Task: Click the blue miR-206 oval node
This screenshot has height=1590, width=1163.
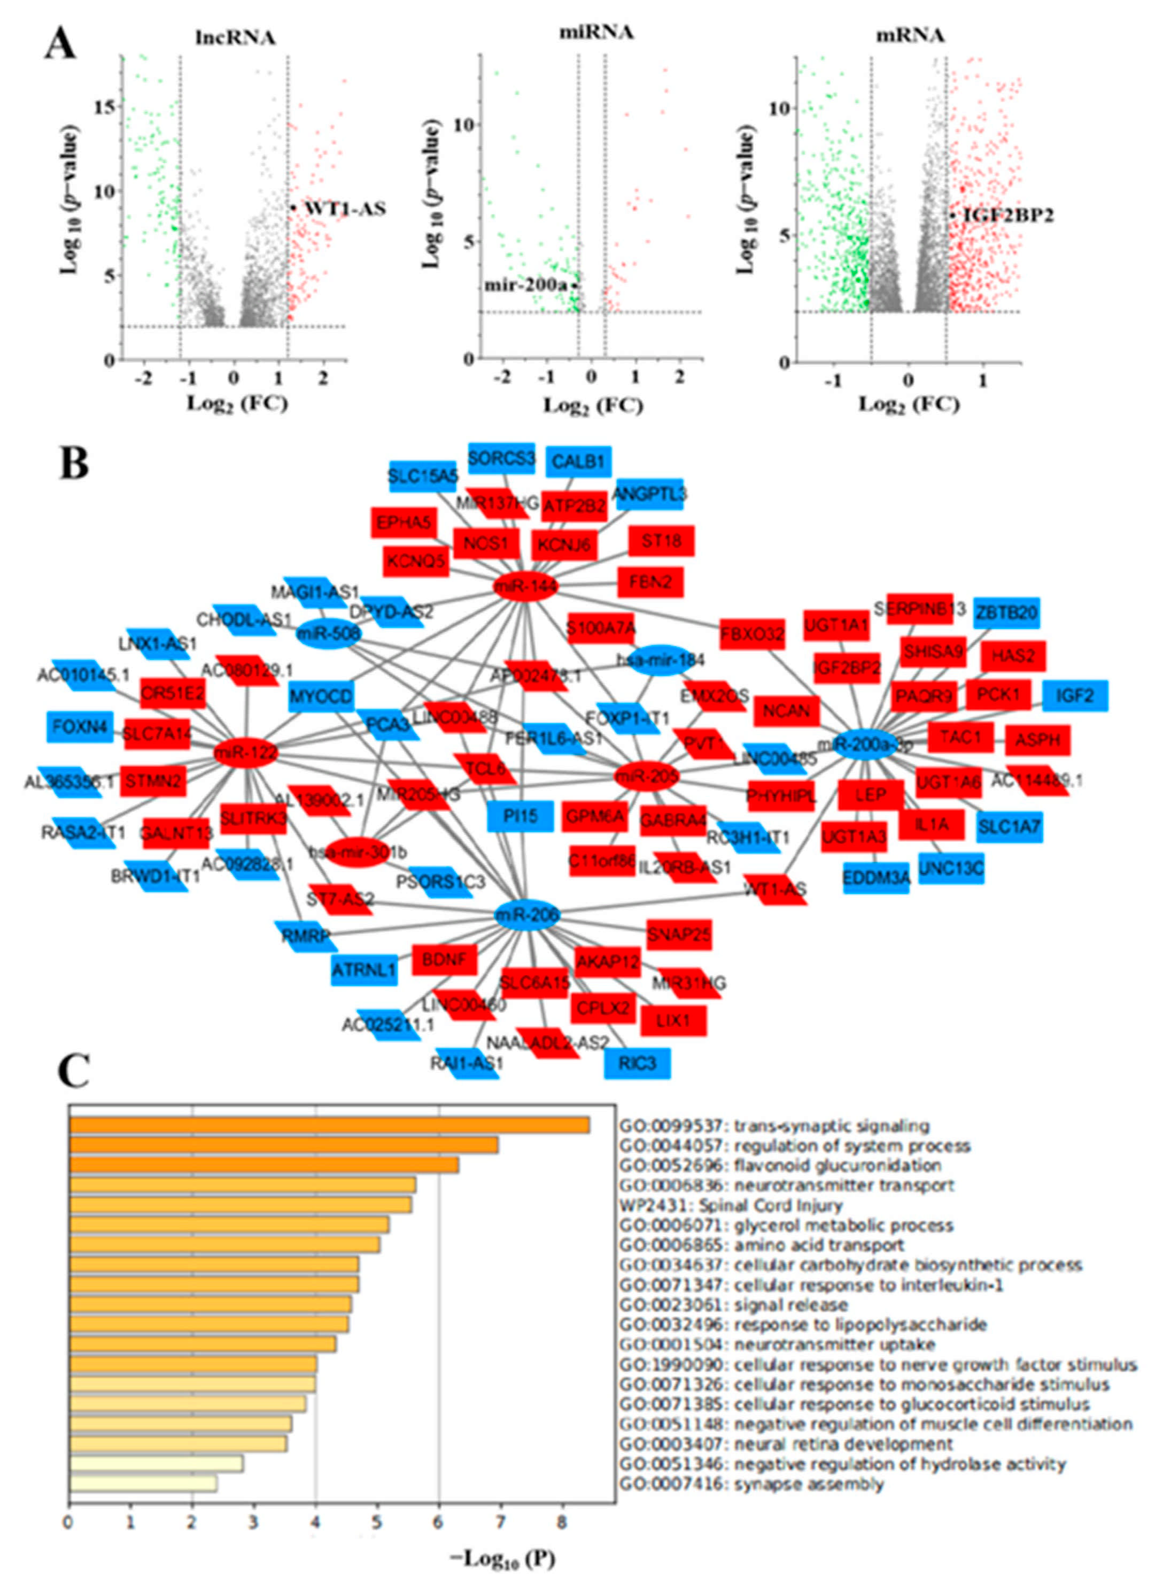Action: click(x=526, y=915)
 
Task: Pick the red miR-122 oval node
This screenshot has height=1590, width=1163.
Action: click(x=244, y=753)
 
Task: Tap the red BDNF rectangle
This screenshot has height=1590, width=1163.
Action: click(x=444, y=959)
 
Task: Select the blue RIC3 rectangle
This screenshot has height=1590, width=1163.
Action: click(x=637, y=1063)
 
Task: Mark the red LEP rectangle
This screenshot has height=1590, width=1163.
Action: click(x=870, y=795)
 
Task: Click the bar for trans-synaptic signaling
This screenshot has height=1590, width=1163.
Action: click(x=329, y=1126)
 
